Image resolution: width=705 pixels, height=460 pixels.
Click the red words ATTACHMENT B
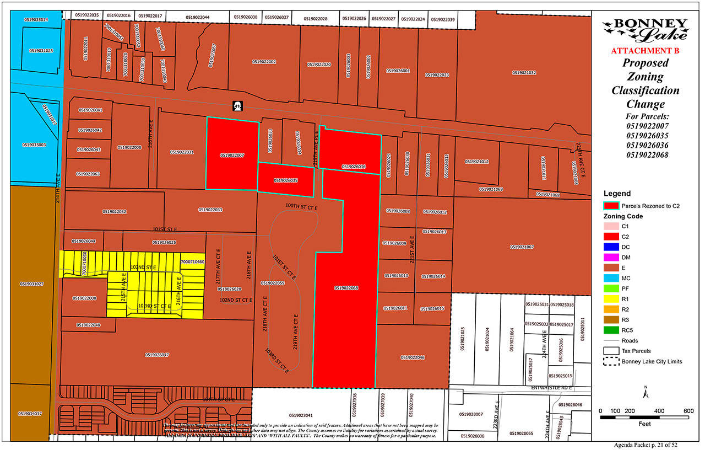645,51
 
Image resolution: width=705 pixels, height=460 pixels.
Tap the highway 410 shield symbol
238,105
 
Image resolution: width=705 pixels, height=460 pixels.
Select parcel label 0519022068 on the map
346,288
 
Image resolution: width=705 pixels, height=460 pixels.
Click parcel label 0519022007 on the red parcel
232,156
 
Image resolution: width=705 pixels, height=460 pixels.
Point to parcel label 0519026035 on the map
286,180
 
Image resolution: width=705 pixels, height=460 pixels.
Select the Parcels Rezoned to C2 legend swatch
610,206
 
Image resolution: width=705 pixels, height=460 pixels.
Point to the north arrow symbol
645,392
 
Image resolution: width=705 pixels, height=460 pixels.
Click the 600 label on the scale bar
688,410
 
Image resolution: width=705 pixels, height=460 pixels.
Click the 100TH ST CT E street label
301,205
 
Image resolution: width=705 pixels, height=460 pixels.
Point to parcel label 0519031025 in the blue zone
41,51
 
